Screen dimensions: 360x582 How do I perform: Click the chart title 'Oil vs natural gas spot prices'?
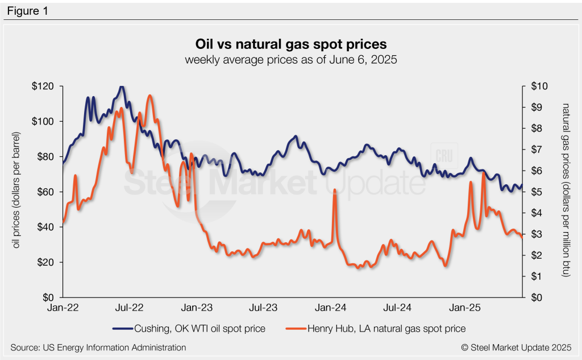(290, 44)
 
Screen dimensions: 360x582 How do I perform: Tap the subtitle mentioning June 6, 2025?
(290, 60)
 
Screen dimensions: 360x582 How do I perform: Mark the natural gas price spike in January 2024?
(335, 191)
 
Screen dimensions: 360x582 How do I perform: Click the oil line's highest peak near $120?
(122, 87)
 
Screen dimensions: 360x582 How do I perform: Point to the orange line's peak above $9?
(149, 96)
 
